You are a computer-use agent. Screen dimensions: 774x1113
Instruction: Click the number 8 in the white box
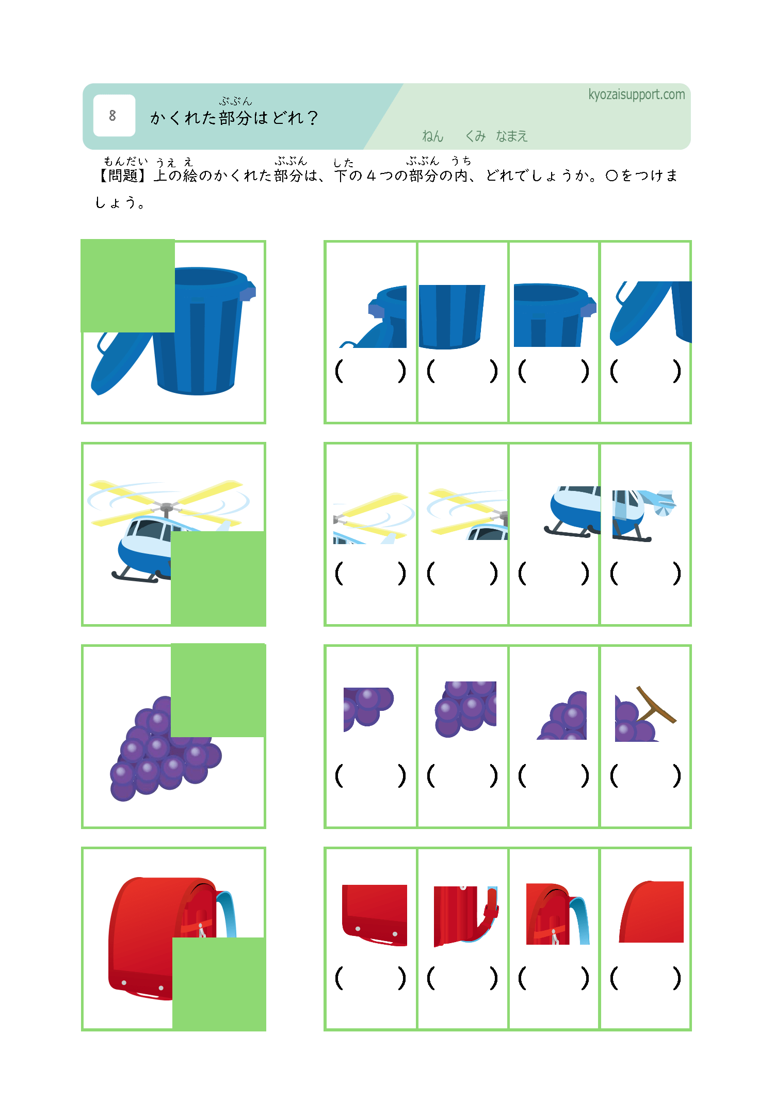point(112,116)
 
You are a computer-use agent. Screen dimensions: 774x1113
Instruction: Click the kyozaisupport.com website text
point(636,94)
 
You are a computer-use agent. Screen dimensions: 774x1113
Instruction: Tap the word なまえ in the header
point(511,136)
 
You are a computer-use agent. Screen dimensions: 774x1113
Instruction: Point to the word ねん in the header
point(432,136)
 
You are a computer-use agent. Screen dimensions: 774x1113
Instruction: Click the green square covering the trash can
point(128,285)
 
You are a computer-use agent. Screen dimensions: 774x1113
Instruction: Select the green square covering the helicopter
point(218,578)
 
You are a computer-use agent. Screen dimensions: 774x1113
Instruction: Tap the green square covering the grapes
point(218,690)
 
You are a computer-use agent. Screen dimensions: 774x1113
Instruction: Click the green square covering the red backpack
point(219,984)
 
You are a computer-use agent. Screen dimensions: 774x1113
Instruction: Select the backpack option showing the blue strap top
point(557,914)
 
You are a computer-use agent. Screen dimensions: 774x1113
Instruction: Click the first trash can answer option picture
point(373,316)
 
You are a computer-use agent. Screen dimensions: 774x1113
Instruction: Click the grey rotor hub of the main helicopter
point(167,508)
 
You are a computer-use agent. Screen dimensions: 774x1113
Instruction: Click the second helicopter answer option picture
point(467,514)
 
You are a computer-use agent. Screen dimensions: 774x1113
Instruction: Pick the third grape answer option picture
point(562,715)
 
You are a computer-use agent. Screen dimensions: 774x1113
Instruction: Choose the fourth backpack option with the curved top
point(651,912)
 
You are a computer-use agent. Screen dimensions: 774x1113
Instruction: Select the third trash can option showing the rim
point(555,315)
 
